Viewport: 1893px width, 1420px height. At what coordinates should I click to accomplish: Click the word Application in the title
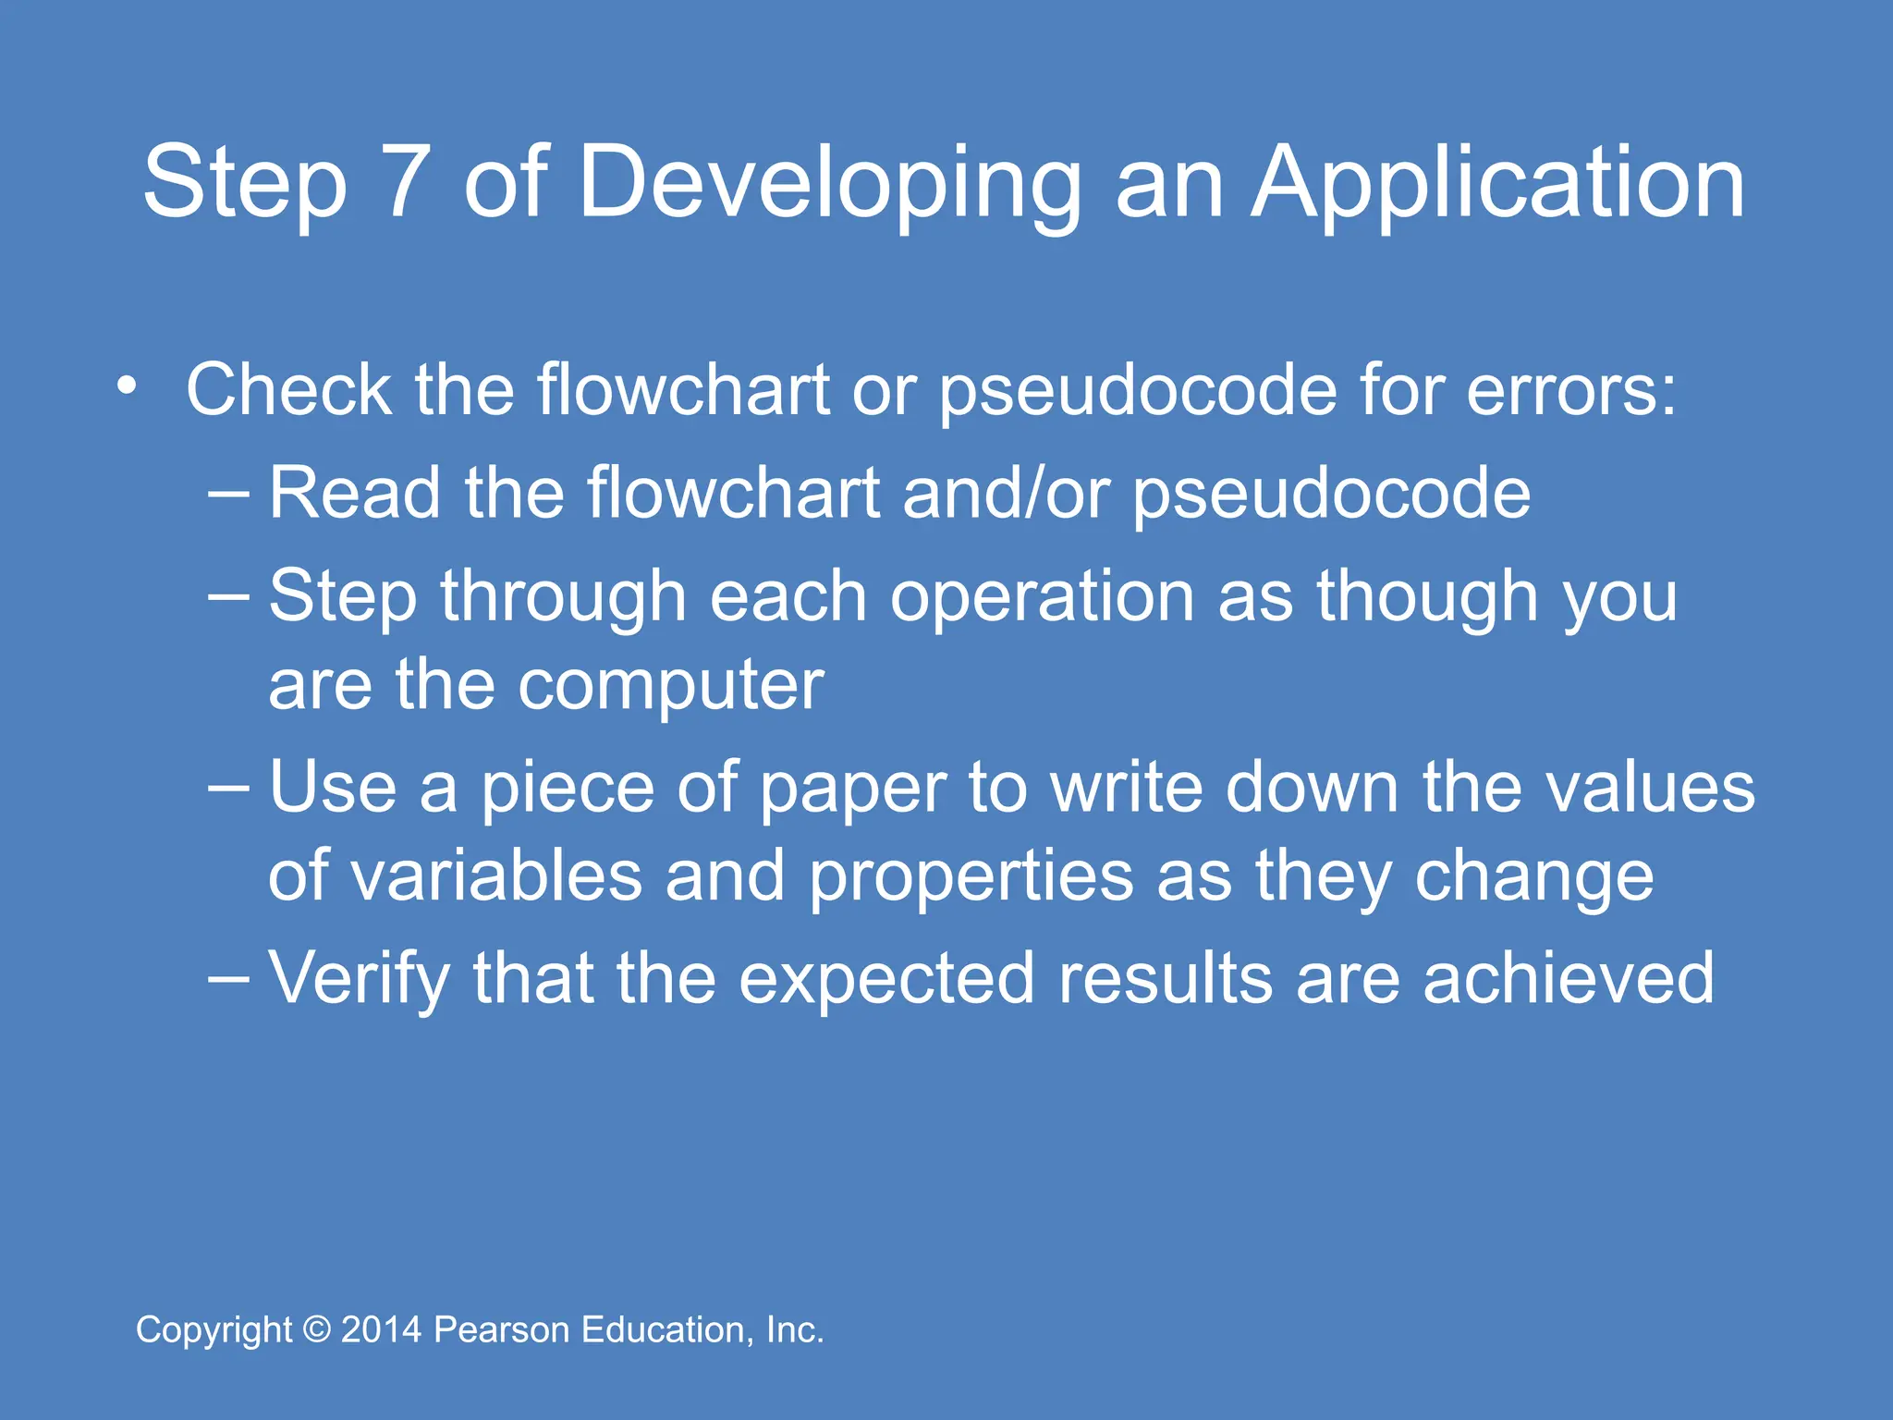[1497, 185]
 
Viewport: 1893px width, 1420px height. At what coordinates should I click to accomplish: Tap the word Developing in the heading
[829, 185]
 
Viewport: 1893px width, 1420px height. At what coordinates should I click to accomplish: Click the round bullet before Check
[128, 385]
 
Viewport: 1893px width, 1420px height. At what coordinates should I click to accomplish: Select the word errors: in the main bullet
[1570, 391]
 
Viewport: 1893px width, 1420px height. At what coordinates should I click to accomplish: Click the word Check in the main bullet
[288, 389]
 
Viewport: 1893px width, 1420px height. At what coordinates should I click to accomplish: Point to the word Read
[354, 493]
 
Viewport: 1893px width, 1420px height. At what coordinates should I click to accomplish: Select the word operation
[1042, 596]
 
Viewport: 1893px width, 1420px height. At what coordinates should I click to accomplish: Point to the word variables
[496, 876]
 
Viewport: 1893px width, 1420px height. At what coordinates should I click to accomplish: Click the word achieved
[1568, 978]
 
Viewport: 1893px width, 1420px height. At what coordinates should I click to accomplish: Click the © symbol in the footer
[317, 1330]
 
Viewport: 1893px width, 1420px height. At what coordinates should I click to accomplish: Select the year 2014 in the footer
[382, 1330]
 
